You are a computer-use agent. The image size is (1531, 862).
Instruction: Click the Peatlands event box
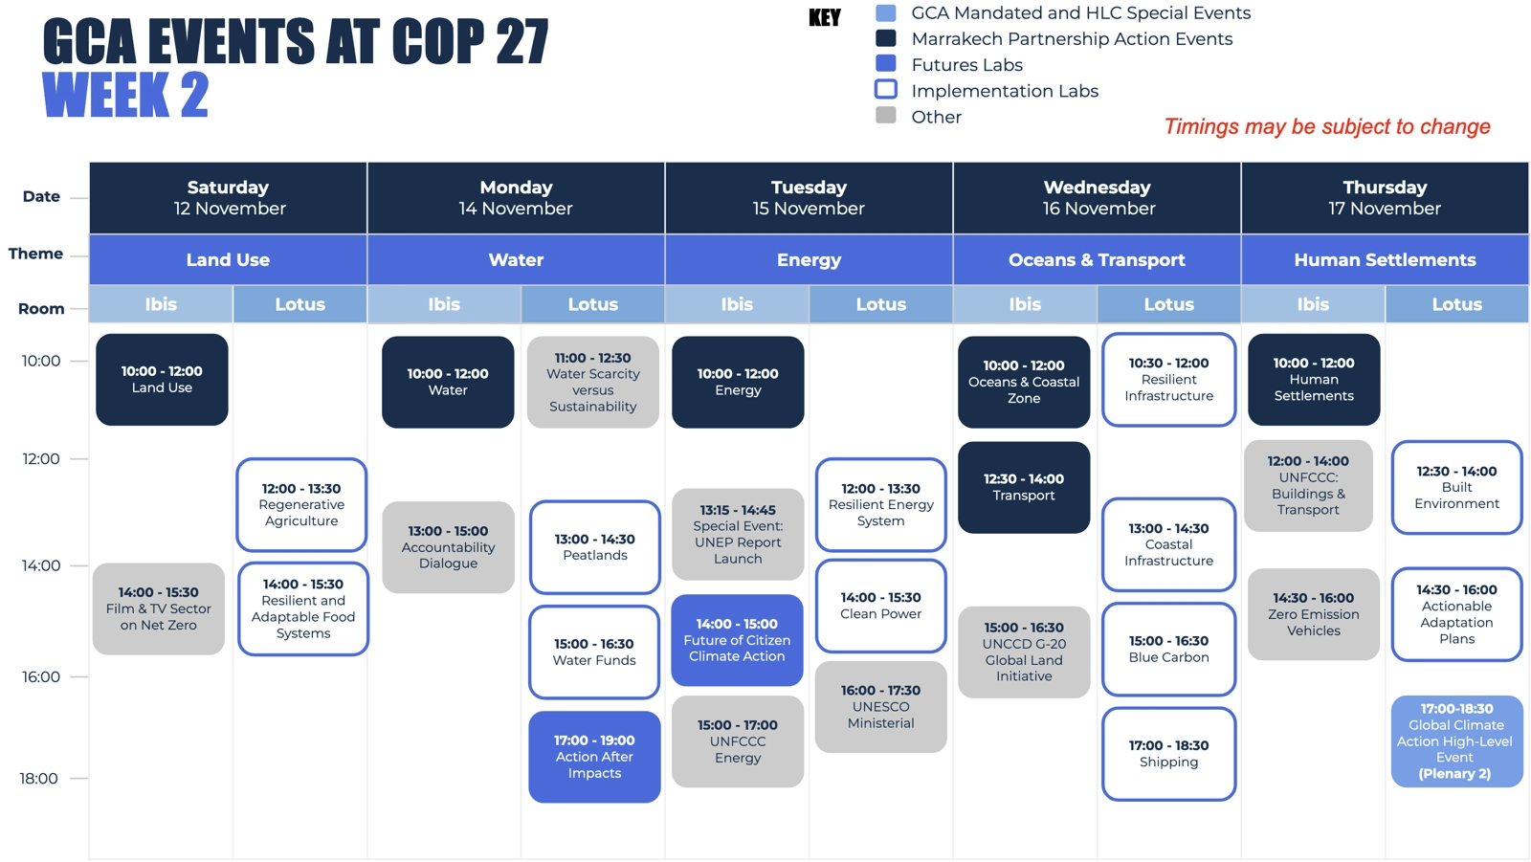tap(594, 547)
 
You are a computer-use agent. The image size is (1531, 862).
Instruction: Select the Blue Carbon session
tap(1168, 649)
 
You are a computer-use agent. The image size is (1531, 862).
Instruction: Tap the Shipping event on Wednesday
tap(1168, 753)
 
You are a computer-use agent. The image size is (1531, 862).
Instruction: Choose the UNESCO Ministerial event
tap(881, 707)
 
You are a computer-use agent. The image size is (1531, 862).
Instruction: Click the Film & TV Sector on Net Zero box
tap(159, 608)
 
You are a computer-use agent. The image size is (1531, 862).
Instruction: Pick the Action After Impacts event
tap(594, 757)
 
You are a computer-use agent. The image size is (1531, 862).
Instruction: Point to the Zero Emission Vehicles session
tap(1314, 614)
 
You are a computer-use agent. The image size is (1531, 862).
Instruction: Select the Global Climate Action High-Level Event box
tap(1457, 741)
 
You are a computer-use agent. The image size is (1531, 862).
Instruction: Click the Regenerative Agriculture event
tap(301, 504)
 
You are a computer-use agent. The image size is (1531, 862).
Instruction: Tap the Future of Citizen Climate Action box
tap(737, 640)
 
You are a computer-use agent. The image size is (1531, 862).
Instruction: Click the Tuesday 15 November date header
tap(809, 197)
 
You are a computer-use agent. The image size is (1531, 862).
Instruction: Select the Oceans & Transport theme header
tap(1097, 260)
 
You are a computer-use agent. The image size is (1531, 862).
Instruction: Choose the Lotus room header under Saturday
tap(300, 304)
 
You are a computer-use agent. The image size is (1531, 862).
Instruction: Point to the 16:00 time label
tap(41, 676)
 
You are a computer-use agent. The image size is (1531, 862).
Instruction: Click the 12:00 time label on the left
tap(41, 458)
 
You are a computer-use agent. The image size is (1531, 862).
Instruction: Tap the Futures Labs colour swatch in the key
tap(886, 63)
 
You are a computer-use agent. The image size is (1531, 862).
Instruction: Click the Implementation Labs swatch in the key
tap(886, 90)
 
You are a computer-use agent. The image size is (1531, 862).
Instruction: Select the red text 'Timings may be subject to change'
tap(1327, 126)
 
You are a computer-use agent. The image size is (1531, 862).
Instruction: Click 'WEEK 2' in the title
tap(125, 95)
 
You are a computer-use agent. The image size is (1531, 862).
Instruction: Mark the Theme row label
tap(35, 254)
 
